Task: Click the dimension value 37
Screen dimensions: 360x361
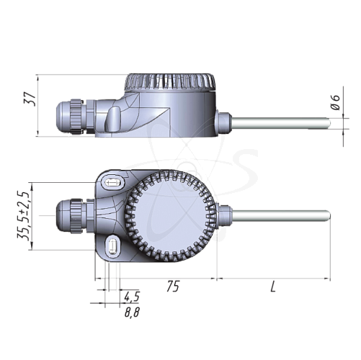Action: (x=30, y=99)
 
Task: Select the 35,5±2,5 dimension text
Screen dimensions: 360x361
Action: (x=25, y=216)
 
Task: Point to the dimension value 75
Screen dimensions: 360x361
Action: (x=172, y=287)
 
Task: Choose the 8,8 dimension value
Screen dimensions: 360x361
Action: (x=131, y=312)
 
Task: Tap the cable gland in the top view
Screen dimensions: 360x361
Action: (x=72, y=213)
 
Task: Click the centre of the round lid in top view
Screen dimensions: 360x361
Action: (x=174, y=214)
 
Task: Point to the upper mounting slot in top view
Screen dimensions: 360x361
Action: (x=112, y=182)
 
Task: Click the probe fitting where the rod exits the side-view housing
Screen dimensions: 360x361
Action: (x=224, y=122)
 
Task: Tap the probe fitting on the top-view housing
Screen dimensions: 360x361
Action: (x=223, y=215)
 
